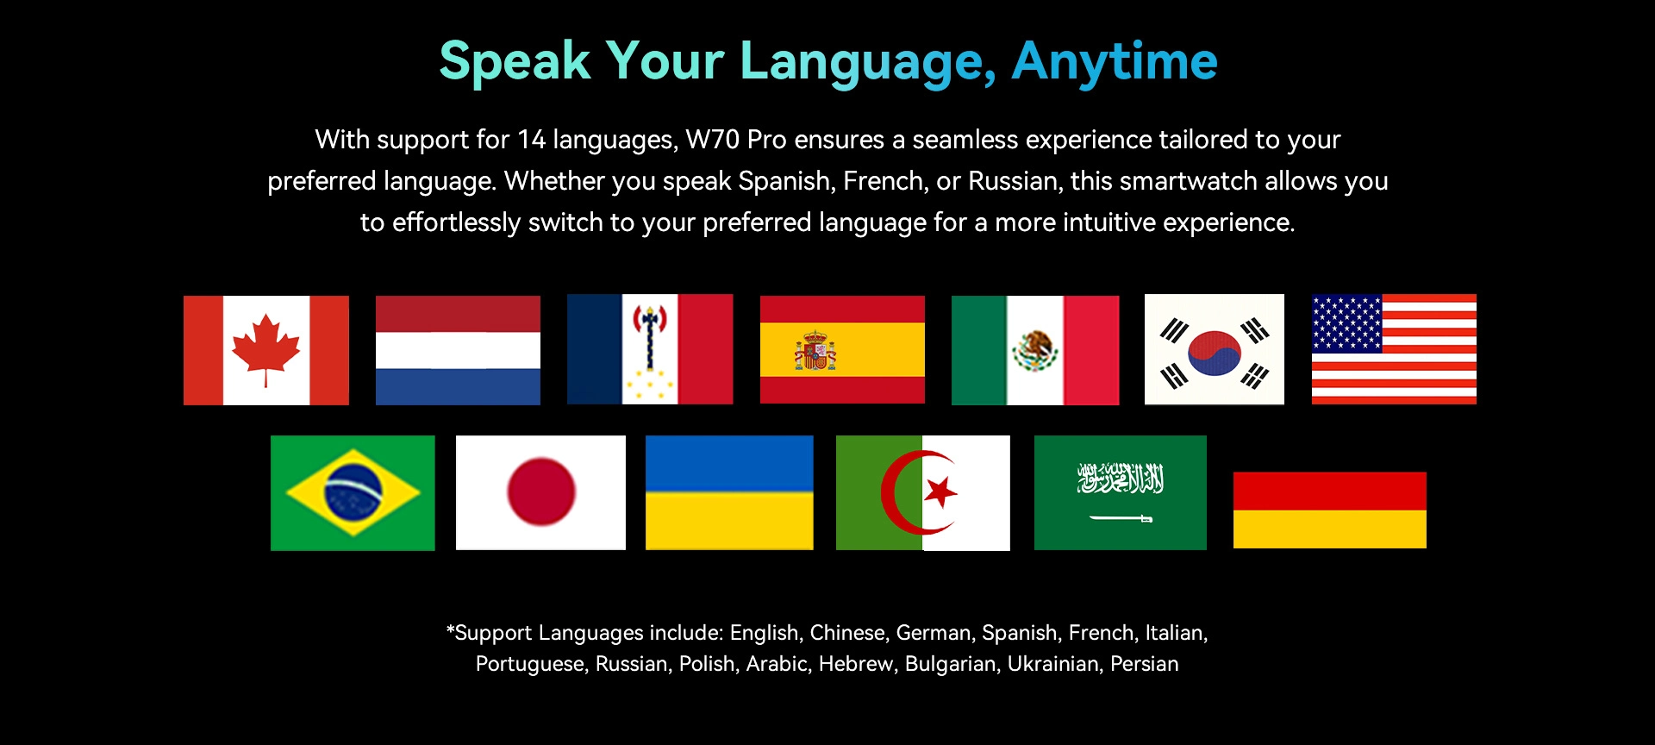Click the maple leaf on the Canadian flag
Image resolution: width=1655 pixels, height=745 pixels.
pos(266,349)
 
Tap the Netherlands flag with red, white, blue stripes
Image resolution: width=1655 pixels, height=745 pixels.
pos(458,350)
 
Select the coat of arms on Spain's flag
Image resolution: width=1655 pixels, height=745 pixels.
pos(815,350)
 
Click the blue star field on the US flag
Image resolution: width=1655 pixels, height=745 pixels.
pos(1346,323)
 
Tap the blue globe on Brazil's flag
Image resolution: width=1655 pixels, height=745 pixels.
pos(353,492)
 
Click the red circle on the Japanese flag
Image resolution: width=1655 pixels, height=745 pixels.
pos(541,491)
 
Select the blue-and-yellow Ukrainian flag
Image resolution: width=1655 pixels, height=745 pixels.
pos(729,492)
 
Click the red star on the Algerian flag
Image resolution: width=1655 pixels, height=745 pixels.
pos(940,491)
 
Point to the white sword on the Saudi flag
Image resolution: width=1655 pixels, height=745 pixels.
pos(1121,518)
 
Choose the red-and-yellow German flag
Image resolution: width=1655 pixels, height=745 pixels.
pos(1330,510)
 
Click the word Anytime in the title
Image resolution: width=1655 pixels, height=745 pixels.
pos(1115,62)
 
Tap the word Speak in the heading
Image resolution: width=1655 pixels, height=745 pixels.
pos(515,62)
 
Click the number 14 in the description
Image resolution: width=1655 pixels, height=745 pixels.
pos(531,140)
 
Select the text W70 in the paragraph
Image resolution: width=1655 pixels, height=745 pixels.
pos(712,140)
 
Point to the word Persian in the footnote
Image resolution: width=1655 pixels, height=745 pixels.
pos(1144,664)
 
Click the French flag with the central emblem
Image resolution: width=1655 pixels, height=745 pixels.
pos(650,349)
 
